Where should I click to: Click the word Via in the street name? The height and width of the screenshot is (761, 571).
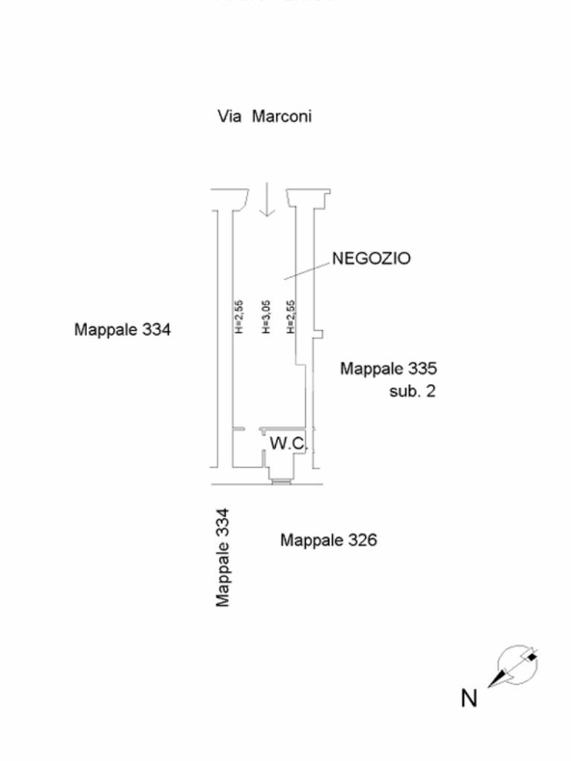230,117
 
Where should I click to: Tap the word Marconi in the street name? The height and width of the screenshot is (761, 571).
281,117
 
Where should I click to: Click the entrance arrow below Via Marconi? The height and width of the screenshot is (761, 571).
265,201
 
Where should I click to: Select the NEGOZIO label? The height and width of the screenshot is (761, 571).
370,259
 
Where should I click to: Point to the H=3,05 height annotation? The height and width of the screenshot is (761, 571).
265,317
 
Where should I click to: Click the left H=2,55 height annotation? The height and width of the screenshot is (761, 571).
239,317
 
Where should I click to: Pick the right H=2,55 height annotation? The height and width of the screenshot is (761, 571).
291,317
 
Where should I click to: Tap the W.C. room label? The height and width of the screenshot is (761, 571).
288,444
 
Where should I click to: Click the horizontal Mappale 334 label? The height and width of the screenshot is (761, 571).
123,329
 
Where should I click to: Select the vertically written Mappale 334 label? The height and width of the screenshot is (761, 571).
222,557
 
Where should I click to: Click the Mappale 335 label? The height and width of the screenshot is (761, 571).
389,369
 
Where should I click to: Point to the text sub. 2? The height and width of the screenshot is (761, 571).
413,391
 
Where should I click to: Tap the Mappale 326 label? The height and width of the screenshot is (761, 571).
328,540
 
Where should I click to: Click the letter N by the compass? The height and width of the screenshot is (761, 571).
469,699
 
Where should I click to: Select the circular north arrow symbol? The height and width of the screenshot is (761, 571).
517,666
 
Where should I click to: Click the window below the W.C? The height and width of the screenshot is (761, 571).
281,482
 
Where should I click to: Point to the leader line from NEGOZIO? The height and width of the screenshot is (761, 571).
307,269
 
